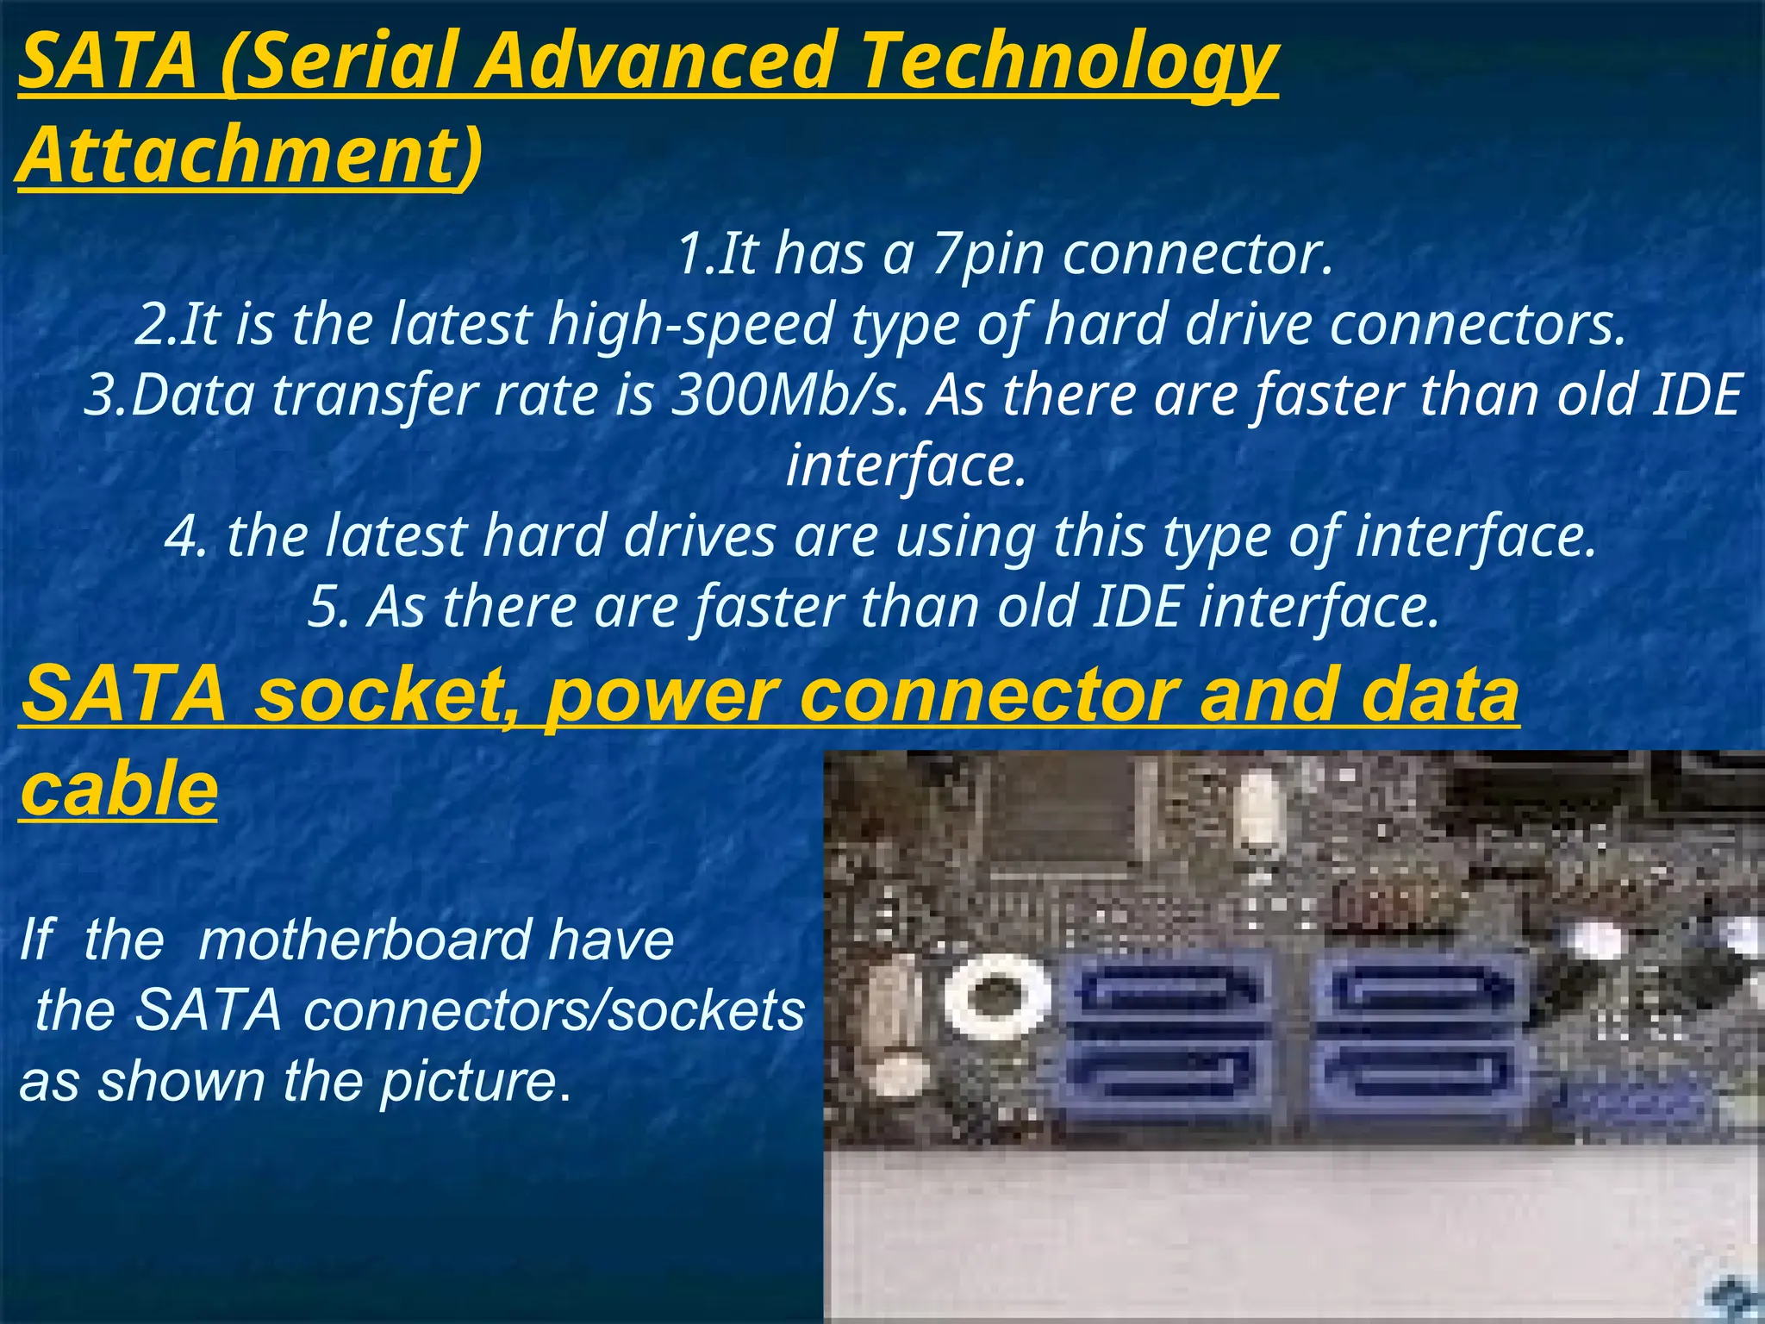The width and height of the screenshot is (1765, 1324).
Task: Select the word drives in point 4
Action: tap(699, 537)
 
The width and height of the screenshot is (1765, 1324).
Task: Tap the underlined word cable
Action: tap(119, 789)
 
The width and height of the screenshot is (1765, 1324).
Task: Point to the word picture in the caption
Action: tap(469, 1081)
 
